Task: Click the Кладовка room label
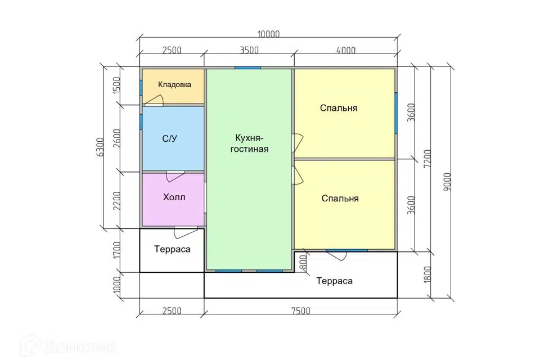[174, 84]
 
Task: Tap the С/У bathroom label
[170, 139]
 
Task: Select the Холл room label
[174, 197]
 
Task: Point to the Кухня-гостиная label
[249, 143]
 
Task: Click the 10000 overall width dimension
[269, 34]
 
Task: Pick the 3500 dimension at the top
[249, 50]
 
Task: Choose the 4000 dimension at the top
[346, 50]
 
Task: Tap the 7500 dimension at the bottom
[300, 311]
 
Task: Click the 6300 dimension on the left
[100, 147]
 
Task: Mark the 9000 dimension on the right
[447, 182]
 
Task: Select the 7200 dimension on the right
[427, 159]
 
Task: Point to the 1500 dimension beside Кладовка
[117, 85]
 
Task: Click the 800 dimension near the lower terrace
[303, 263]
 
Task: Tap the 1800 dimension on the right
[427, 274]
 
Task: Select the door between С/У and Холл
[175, 177]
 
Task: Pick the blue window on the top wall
[247, 67]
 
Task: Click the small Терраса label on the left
[172, 249]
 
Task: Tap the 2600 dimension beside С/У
[117, 138]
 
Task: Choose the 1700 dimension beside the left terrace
[117, 250]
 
